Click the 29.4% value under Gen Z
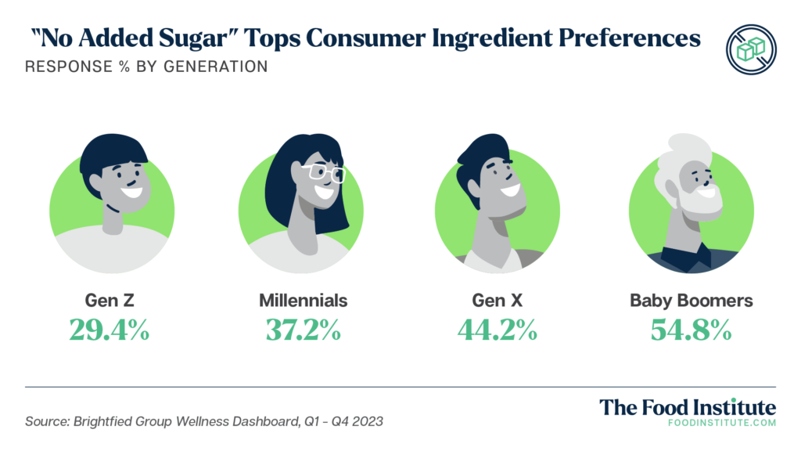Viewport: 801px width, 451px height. tap(109, 330)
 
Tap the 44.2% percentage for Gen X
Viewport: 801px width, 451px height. tap(497, 330)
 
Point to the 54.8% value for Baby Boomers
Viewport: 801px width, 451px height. tap(691, 330)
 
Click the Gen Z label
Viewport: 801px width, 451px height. tap(109, 300)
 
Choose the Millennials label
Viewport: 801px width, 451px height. tap(303, 300)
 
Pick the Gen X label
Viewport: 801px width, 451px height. tap(497, 300)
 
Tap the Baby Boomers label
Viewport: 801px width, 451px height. tap(691, 300)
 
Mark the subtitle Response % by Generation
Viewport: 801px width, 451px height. tap(146, 67)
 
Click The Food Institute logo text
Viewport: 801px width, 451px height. tap(688, 408)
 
